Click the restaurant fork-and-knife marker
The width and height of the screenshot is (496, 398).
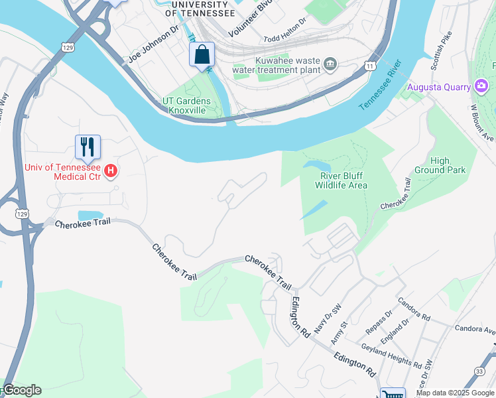(88, 147)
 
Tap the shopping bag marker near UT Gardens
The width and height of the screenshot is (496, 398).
(202, 54)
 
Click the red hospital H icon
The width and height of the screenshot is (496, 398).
(111, 171)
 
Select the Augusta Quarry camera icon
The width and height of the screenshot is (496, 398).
(482, 86)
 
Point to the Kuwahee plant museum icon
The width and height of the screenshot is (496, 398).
(330, 64)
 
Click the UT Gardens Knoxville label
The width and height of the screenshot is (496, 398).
(186, 105)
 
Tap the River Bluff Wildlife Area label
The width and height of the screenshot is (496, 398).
(343, 180)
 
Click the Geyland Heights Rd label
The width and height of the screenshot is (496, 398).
(391, 356)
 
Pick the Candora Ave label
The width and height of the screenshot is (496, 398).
(475, 328)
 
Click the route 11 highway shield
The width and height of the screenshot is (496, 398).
(369, 65)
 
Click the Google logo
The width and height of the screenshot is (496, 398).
(22, 390)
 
